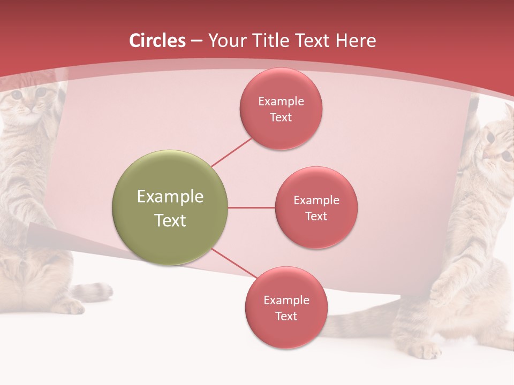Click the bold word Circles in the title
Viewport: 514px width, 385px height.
pyautogui.click(x=157, y=41)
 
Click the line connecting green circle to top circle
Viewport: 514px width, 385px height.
pyautogui.click(x=231, y=152)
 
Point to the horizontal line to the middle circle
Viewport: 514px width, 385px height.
pyautogui.click(x=251, y=207)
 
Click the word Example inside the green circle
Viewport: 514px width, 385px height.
pyautogui.click(x=170, y=197)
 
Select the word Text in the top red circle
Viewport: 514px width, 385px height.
pyautogui.click(x=281, y=118)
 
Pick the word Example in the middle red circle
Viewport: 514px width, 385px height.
pyautogui.click(x=316, y=201)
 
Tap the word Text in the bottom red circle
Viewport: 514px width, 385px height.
pyautogui.click(x=286, y=317)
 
